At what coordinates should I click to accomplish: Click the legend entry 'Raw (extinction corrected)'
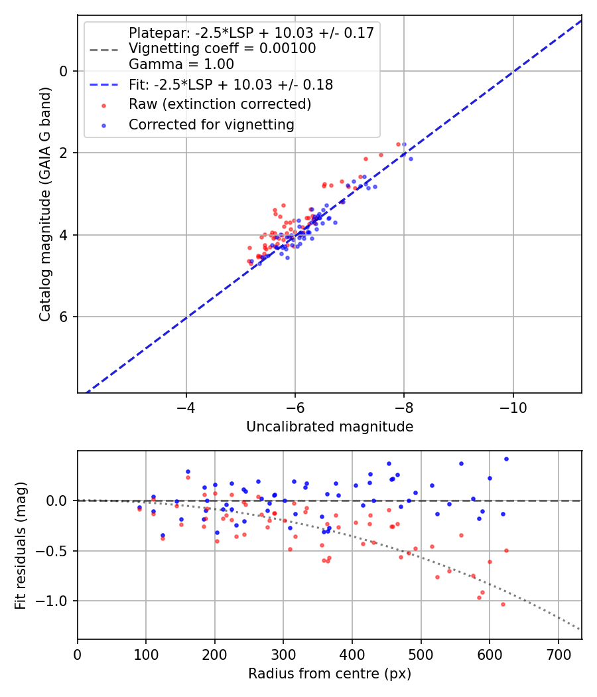coord(220,104)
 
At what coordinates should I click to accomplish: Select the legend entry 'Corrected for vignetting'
coord(212,124)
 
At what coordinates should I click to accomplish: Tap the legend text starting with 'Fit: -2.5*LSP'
coord(231,85)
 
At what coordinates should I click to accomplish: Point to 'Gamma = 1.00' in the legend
coord(181,64)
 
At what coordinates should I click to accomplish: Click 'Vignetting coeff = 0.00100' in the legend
coord(222,48)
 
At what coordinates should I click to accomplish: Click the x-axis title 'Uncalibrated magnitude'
coord(330,427)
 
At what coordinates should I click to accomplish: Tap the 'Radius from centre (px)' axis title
coord(330,674)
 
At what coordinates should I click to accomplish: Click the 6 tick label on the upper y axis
coord(64,317)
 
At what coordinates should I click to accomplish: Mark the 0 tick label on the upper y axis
coord(64,71)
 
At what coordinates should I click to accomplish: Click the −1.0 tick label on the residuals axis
coord(54,601)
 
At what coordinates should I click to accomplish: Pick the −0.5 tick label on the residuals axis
coord(54,551)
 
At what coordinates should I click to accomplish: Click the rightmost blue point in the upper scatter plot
coord(411,159)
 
